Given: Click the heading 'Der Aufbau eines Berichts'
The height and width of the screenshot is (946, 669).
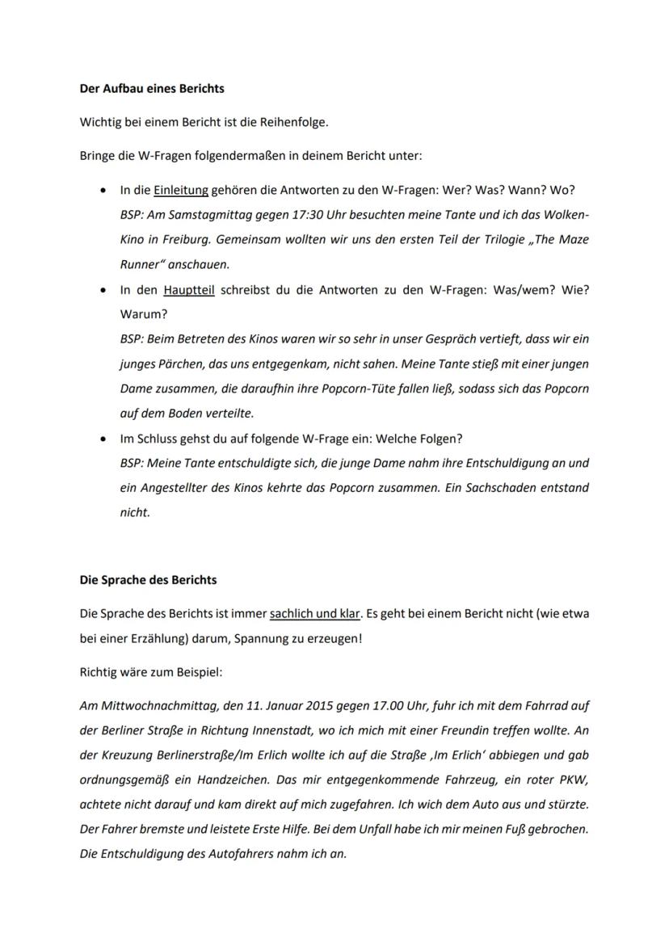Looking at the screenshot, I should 151,88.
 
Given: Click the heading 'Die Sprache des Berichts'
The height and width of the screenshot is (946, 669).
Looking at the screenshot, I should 148,580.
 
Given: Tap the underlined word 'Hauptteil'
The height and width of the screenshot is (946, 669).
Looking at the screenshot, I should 188,289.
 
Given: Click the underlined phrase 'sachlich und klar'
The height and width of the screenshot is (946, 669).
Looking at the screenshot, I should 315,614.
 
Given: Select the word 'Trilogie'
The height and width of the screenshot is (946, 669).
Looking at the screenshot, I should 490,240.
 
